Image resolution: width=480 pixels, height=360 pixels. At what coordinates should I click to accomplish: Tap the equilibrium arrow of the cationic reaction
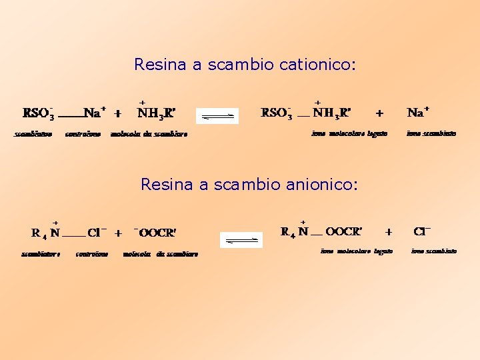[x=217, y=116]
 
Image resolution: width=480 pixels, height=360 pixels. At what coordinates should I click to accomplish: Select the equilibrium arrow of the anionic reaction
[x=241, y=239]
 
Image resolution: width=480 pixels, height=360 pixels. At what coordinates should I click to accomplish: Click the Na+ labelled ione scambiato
[x=418, y=112]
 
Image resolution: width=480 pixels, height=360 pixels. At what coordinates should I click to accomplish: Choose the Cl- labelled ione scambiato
[x=422, y=231]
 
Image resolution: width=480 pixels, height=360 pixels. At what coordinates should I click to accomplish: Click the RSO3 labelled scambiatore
[x=36, y=113]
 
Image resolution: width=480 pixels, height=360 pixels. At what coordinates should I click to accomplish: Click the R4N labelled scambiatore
[x=45, y=233]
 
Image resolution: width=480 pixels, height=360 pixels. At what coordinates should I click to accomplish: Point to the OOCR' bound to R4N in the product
[x=344, y=232]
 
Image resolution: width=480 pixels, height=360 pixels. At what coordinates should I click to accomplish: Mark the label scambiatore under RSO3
[x=33, y=134]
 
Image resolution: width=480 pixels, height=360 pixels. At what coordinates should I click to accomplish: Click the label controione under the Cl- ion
[x=92, y=253]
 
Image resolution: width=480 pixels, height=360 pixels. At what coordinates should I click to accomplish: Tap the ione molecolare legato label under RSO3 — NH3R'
[x=349, y=133]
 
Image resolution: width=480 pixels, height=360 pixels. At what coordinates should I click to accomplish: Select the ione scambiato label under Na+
[x=431, y=133]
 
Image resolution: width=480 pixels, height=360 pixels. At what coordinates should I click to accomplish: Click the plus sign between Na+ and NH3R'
[x=117, y=113]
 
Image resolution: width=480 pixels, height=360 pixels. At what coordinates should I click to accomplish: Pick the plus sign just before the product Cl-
[x=389, y=232]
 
